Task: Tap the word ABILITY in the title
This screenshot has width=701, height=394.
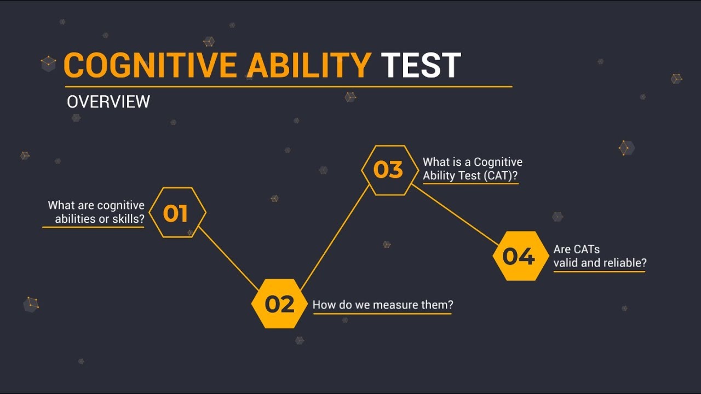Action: click(x=309, y=66)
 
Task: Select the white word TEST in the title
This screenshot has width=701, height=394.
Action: click(x=421, y=66)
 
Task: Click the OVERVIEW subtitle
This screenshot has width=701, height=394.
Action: click(x=108, y=102)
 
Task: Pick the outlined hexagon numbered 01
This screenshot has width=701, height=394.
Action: click(x=176, y=213)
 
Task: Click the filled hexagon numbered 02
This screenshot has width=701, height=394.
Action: click(x=279, y=304)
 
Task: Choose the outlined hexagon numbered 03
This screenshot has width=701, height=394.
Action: click(x=388, y=170)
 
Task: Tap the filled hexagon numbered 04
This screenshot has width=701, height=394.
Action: click(x=518, y=256)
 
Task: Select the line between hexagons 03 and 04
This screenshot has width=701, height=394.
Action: click(x=455, y=214)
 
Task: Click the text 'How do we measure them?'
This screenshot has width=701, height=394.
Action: click(x=382, y=305)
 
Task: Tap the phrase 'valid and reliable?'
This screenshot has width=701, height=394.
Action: click(x=600, y=263)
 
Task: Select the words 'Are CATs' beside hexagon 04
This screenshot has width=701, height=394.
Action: click(x=576, y=250)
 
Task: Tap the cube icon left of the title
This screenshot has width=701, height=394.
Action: click(x=49, y=64)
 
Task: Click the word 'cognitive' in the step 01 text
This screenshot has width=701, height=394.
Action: click(x=120, y=206)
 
